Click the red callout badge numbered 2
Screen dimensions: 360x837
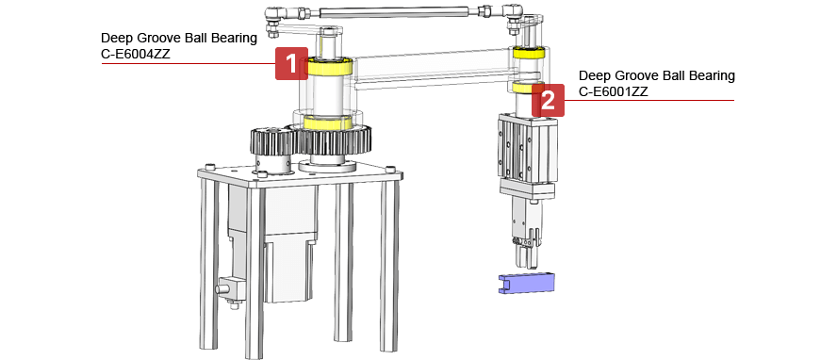click(548, 99)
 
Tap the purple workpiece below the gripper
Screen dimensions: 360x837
click(526, 283)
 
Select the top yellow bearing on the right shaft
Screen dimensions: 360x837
click(529, 53)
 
